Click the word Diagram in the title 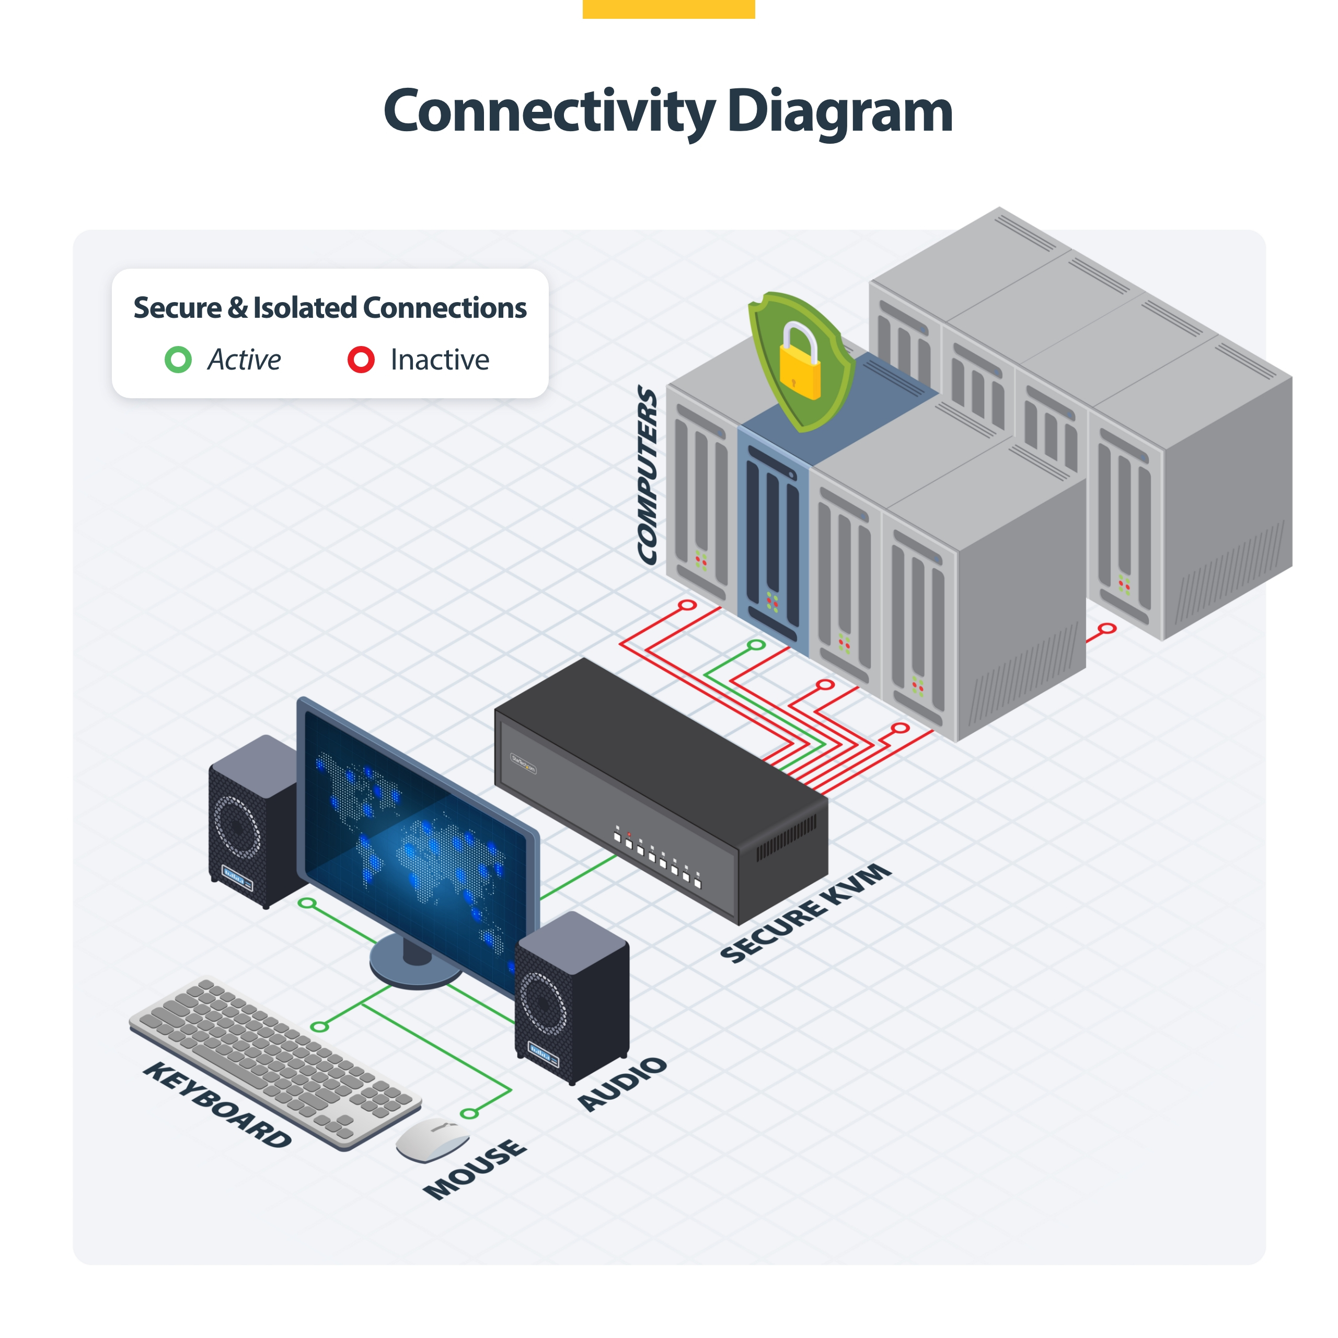click(839, 112)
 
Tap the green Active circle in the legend click(178, 360)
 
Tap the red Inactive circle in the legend click(361, 360)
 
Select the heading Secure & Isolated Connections click(330, 307)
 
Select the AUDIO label click(622, 1084)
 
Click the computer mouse click(433, 1139)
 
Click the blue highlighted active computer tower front click(772, 540)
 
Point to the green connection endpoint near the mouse click(469, 1114)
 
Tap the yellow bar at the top click(668, 8)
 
